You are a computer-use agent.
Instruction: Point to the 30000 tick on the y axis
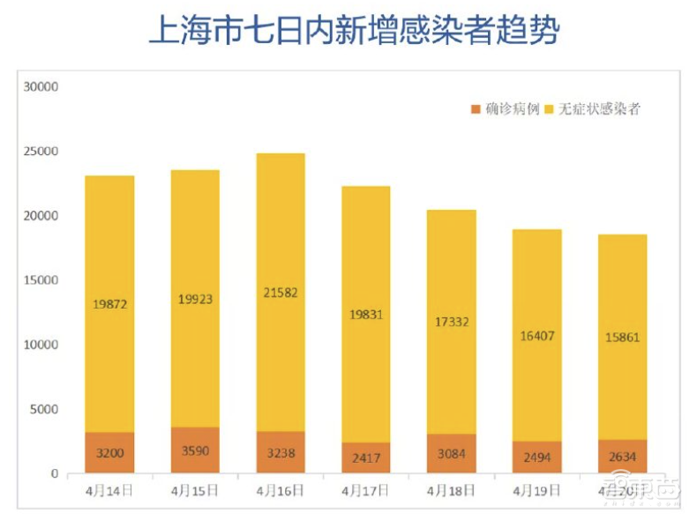[x=41, y=87]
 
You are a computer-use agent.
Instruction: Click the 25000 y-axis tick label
[x=41, y=152]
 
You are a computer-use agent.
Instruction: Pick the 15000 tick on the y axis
[x=41, y=280]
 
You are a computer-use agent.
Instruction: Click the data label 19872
[x=109, y=304]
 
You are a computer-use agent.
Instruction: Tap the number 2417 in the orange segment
[x=365, y=459]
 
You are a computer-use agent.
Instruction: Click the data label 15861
[x=622, y=336]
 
